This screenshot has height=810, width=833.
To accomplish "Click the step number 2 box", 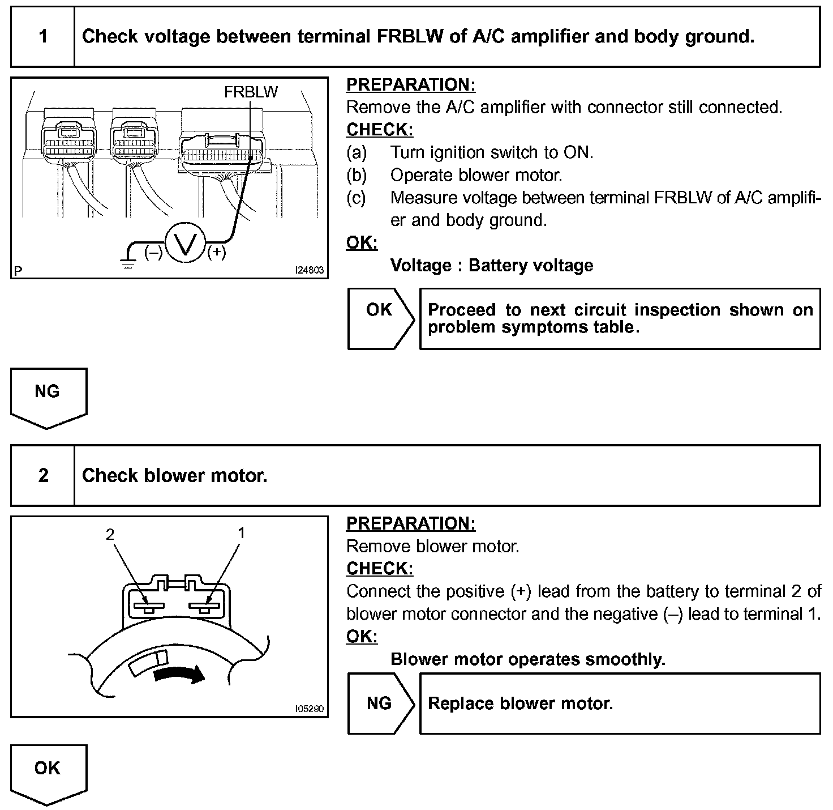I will [x=43, y=476].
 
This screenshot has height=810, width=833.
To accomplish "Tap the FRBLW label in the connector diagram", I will [x=251, y=92].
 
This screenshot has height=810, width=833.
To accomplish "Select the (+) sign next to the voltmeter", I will [x=217, y=252].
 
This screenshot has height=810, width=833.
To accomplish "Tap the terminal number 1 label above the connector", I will [x=242, y=533].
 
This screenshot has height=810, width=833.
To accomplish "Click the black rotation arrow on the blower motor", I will [x=179, y=673].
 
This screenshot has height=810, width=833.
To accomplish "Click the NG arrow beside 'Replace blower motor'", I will [x=380, y=704].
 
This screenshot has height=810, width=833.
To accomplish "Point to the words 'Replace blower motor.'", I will [x=521, y=704].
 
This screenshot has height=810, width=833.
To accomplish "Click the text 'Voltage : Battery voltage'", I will [x=492, y=266].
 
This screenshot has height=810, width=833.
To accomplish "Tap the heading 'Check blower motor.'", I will [x=174, y=476].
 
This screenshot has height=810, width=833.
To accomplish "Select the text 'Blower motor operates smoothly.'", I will [x=528, y=659].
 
